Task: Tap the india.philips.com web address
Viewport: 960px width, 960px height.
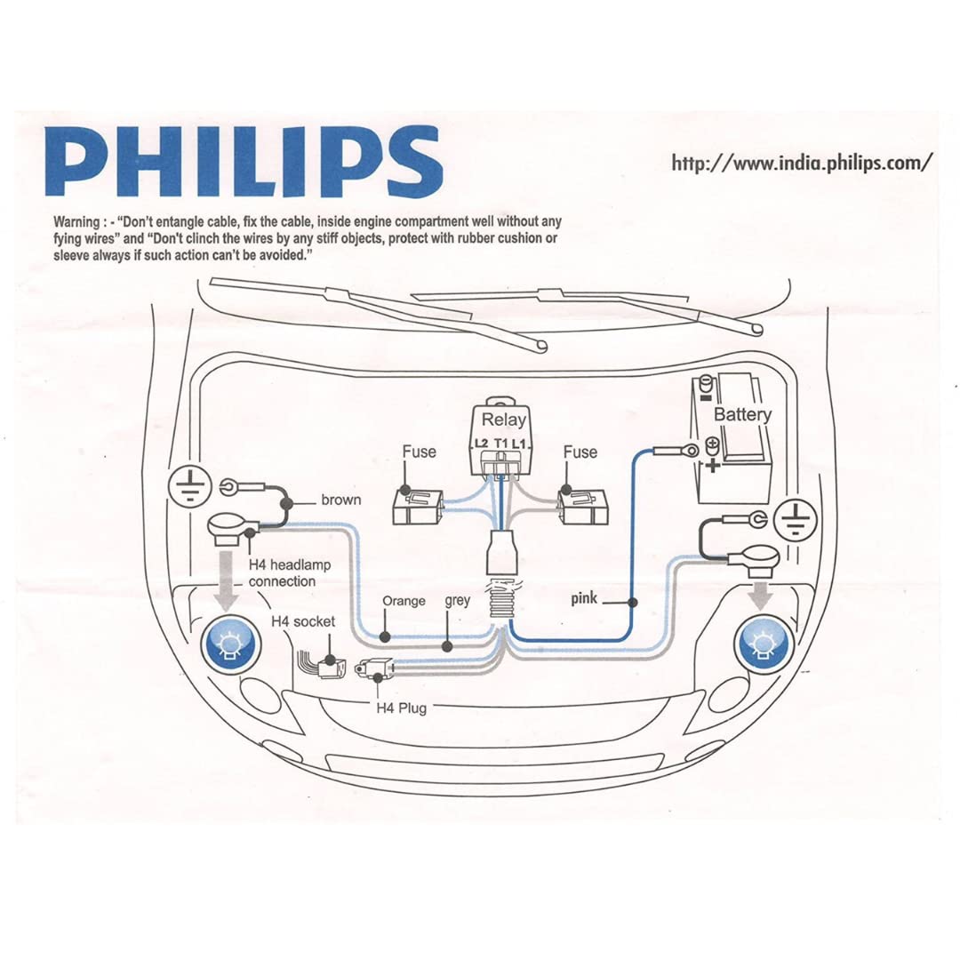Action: [x=802, y=163]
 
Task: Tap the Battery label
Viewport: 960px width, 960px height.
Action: [x=742, y=414]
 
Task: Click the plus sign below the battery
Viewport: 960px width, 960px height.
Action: [x=712, y=464]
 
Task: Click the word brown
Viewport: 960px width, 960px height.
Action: [x=341, y=500]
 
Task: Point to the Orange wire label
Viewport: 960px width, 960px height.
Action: [x=404, y=602]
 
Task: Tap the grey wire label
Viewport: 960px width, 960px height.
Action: [x=457, y=601]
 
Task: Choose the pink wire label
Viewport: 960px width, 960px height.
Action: [x=584, y=599]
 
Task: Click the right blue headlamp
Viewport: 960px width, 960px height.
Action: [x=761, y=643]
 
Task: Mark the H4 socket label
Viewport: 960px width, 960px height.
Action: [x=302, y=622]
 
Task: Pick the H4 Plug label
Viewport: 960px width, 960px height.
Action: [x=400, y=709]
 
